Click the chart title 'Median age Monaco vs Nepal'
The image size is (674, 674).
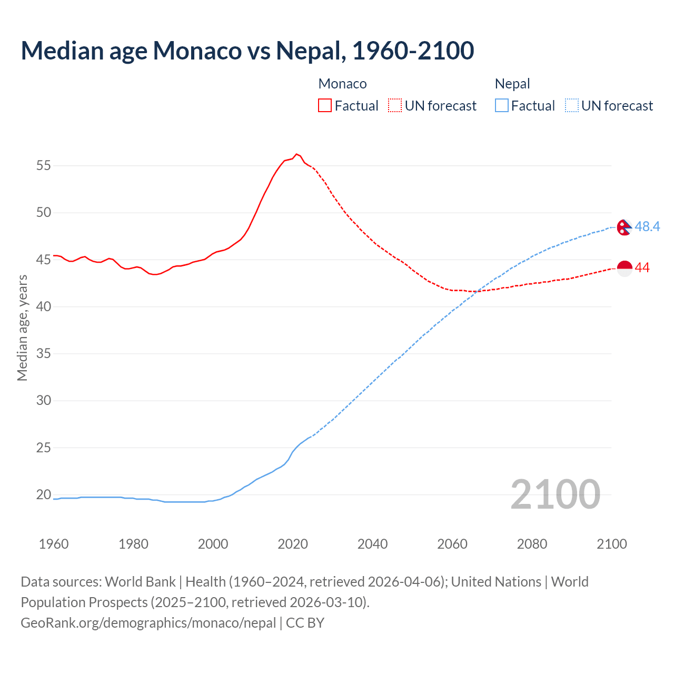point(247,51)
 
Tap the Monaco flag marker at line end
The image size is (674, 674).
point(624,268)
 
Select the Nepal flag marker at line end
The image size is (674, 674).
point(624,227)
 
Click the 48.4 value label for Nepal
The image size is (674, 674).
point(647,226)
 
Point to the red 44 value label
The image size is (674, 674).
point(642,268)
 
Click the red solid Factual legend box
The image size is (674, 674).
point(325,106)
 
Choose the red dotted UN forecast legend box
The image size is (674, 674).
point(395,106)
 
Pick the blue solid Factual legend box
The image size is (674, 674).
point(502,106)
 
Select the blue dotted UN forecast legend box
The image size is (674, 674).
point(571,106)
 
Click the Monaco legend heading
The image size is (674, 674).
point(342,84)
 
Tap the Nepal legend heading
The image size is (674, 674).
point(512,84)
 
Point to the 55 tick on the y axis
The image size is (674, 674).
point(44,166)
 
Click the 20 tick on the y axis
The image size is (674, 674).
point(44,495)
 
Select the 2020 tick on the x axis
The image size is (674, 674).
point(293,544)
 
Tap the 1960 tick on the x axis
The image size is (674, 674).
point(54,544)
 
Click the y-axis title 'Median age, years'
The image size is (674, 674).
point(22,328)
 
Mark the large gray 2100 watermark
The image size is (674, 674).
point(555,494)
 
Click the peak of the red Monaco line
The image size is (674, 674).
point(296,154)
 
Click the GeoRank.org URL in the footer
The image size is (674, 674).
point(148,623)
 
